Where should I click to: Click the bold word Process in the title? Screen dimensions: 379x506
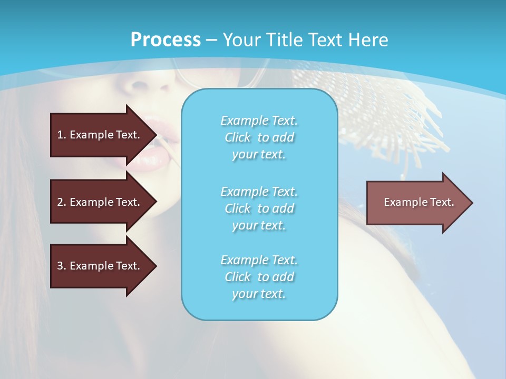click(166, 40)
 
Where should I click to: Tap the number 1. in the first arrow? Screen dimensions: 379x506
click(62, 135)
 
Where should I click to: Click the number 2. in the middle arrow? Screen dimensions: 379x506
click(62, 202)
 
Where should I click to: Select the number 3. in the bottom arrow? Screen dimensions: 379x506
click(62, 266)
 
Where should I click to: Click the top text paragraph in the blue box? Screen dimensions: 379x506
click(259, 137)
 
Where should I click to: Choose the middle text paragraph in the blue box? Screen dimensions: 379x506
click(259, 208)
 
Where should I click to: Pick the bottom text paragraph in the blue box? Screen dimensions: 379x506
click(259, 277)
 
